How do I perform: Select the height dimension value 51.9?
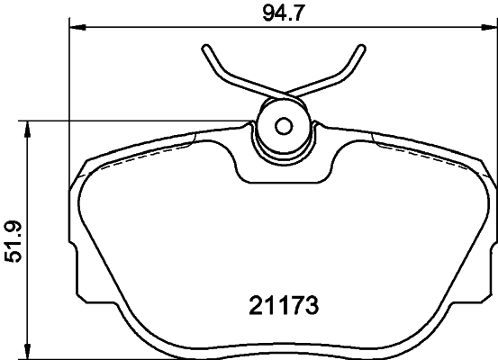pyautogui.click(x=13, y=243)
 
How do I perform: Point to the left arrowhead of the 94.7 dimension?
pyautogui.click(x=76, y=28)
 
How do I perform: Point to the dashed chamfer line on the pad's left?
pyautogui.click(x=144, y=151)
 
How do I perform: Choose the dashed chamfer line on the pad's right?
pyautogui.click(x=423, y=151)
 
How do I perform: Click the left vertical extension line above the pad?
pyautogui.click(x=70, y=90)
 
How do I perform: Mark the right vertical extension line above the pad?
pyautogui.click(x=494, y=90)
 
